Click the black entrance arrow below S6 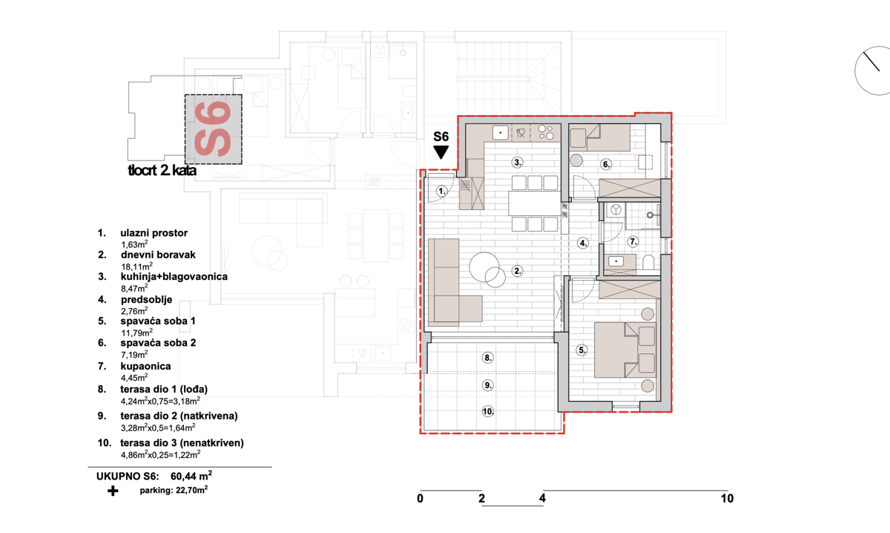(x=441, y=152)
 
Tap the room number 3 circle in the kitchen (x=517, y=163)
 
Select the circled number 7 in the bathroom (x=633, y=241)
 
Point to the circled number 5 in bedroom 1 (x=582, y=350)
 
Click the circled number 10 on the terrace (x=488, y=411)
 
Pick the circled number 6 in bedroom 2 (x=606, y=164)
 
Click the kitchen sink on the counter (x=500, y=132)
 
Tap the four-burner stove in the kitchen (x=546, y=132)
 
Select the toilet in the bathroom (x=648, y=262)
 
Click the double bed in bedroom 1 (x=624, y=350)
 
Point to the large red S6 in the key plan (x=213, y=128)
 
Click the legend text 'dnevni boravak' (x=158, y=255)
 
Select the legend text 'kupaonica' (x=145, y=366)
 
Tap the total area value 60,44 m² (x=191, y=476)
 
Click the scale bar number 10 (x=727, y=498)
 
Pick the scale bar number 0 (x=421, y=498)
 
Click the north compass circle (x=872, y=71)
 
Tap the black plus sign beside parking (x=113, y=491)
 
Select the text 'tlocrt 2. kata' (x=162, y=170)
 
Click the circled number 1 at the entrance (x=441, y=191)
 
